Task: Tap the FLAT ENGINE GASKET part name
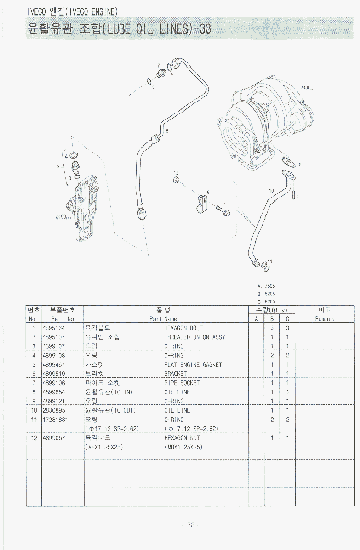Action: pos(193,364)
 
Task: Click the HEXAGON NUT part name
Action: pos(182,438)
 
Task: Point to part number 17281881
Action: pos(55,420)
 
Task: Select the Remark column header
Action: pos(325,318)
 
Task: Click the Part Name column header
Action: pos(163,318)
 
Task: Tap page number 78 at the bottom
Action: pos(191,525)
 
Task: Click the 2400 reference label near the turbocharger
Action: pos(308,87)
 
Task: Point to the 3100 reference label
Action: pos(63,217)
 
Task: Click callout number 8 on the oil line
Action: pos(167,131)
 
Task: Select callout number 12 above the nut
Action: pos(176,172)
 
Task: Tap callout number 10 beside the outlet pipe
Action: pos(271,190)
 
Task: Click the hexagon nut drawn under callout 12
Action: pos(176,180)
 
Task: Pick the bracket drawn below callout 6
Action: pos(201,204)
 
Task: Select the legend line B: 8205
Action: pos(266,293)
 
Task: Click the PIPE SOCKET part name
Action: pos(182,383)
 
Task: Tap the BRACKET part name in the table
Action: pos(175,374)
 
